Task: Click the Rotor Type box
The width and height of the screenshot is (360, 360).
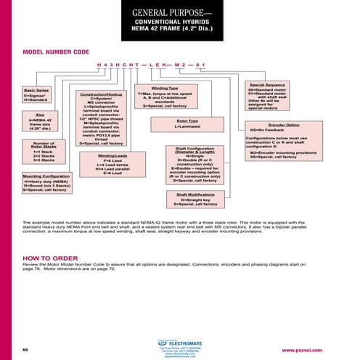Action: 188,123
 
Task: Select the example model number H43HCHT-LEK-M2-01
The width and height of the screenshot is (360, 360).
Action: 152,65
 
